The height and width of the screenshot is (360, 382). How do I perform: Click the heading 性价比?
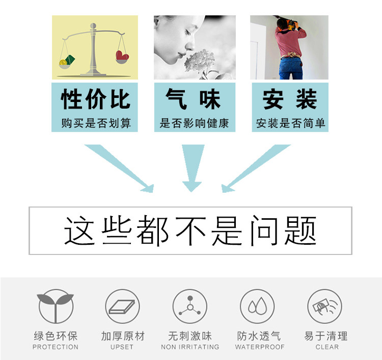95,99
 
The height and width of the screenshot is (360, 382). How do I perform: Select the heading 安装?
290,99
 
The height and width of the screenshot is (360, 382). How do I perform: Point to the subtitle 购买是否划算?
95,123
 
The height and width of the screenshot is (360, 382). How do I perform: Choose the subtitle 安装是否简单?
290,123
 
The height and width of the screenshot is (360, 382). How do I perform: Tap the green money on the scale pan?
67,61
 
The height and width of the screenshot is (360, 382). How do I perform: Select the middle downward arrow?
193,168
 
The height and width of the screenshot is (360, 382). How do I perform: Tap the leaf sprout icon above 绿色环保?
56,306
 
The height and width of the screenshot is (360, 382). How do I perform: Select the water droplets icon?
258,306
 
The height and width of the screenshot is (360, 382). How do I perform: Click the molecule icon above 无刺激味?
190,306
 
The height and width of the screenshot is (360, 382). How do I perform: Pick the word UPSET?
122,347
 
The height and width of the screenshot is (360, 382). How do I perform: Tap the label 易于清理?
326,336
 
